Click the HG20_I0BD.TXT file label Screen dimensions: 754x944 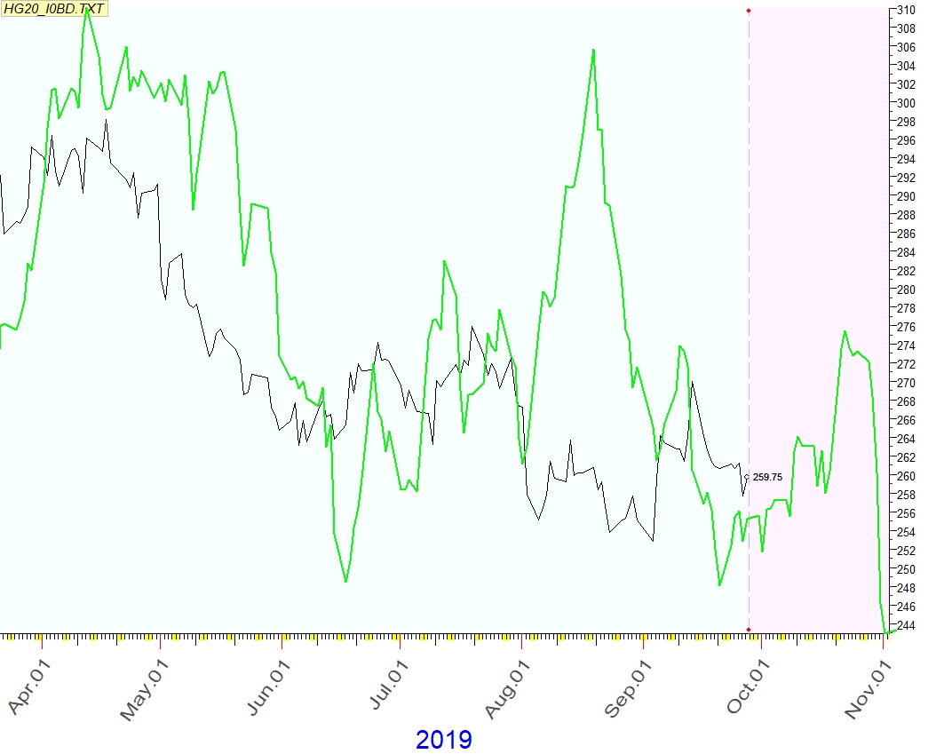coord(54,8)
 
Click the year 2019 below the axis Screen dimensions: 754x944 coord(443,739)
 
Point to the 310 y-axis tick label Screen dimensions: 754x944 coord(906,10)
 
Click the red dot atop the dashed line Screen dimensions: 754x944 coord(749,10)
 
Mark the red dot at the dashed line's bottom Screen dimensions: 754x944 coord(749,630)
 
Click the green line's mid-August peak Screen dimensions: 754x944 coord(593,50)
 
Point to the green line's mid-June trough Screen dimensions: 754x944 coord(345,582)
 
